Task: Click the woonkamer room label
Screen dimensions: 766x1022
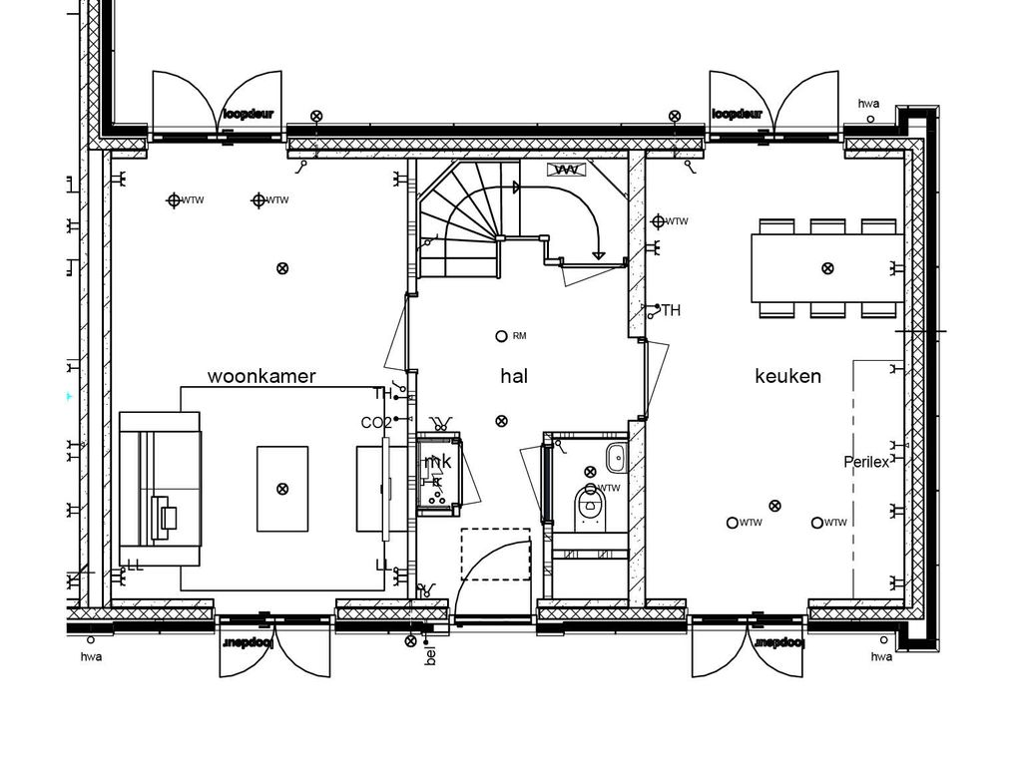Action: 261,376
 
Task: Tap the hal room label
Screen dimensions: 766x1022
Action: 514,376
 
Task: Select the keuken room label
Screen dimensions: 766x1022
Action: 787,376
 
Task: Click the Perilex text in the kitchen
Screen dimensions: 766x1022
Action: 865,462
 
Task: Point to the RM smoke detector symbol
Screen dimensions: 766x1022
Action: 502,336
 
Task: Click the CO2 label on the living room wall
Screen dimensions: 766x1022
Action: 375,423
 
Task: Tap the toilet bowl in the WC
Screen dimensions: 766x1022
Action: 591,509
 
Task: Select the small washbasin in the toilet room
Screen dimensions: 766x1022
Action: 615,459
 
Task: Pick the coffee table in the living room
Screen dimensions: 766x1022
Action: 282,489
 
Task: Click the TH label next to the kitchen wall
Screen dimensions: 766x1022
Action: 671,311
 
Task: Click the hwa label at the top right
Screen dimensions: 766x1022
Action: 868,104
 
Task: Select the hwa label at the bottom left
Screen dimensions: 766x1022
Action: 91,656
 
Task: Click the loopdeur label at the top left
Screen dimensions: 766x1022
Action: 248,114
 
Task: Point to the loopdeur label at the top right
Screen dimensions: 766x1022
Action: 737,114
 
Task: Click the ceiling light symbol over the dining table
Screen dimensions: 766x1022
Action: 826,267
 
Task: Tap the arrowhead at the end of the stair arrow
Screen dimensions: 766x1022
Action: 598,255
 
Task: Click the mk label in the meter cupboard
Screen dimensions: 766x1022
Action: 439,462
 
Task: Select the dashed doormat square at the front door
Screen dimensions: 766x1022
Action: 495,555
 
